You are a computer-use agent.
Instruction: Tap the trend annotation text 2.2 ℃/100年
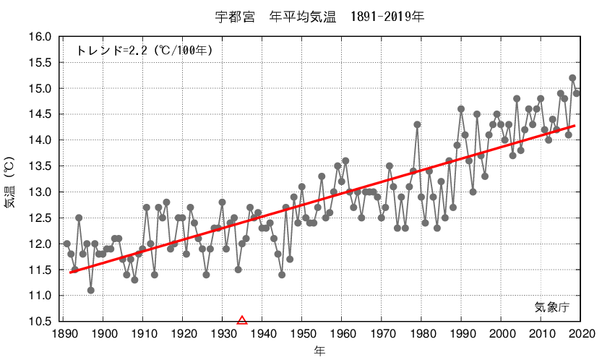(144, 51)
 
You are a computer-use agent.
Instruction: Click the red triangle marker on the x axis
(242, 320)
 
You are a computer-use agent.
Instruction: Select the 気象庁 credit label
(552, 307)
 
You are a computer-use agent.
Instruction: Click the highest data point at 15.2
(572, 78)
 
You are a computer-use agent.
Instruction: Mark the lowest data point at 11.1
(91, 291)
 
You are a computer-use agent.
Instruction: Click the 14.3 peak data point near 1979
(417, 124)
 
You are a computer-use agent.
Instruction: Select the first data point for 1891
(67, 244)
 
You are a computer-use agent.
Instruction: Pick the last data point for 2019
(577, 93)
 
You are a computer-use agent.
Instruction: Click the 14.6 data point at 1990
(461, 109)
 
